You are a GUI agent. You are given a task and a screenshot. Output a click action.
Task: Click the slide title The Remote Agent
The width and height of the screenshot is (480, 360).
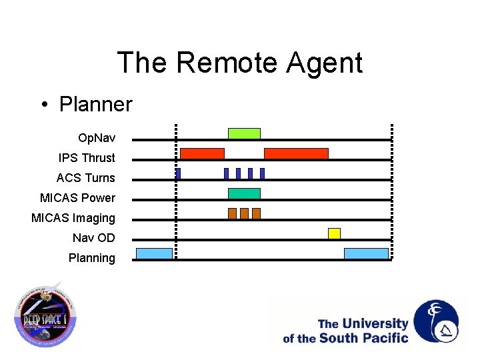point(240,63)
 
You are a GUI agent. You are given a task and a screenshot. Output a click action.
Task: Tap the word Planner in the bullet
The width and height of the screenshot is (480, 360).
point(95,105)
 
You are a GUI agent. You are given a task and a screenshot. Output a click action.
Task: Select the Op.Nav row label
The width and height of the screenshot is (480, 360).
point(97,138)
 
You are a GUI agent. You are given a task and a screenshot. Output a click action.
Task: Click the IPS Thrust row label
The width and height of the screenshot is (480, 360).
point(87,158)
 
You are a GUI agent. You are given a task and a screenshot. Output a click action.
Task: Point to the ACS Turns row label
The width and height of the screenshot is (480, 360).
point(85,178)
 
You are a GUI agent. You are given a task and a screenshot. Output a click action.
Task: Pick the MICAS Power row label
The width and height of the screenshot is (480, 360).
point(77,198)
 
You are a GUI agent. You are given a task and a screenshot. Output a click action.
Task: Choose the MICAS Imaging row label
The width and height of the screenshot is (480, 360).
point(73,218)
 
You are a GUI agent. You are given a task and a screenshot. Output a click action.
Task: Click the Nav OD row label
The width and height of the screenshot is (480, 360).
point(94,238)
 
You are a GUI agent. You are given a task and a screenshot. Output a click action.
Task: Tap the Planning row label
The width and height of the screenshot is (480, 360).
point(91,258)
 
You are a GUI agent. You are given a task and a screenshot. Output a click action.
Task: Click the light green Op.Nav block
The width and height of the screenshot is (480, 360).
point(244,133)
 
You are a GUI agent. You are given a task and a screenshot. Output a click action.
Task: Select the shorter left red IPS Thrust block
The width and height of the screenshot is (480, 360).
point(202,153)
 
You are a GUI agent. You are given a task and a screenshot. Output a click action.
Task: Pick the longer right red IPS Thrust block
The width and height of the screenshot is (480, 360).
point(296,153)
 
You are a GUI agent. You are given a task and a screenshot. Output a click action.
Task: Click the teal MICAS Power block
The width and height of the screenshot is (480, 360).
point(244,193)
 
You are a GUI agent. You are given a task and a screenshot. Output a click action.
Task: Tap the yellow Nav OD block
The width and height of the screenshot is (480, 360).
point(334,233)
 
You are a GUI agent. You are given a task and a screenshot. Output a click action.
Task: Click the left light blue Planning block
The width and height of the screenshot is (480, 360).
point(154,253)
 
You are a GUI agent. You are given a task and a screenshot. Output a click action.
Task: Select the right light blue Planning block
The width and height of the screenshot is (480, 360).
point(366,253)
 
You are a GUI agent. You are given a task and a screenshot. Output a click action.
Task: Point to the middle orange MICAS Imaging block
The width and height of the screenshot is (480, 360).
point(244,213)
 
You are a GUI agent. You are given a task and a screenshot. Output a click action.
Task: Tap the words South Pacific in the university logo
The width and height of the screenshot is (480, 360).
point(363,338)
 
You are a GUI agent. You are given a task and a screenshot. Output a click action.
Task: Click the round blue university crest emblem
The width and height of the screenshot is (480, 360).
point(436,321)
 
